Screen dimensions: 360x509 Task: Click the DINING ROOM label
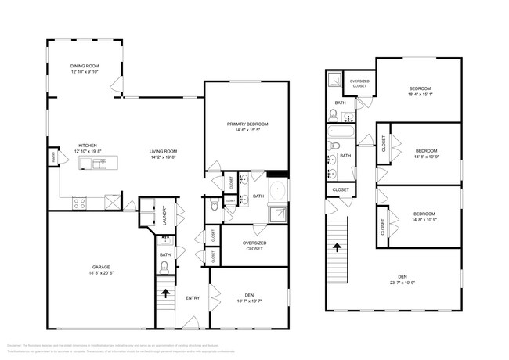tap(85, 67)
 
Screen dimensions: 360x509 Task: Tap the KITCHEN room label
tap(86, 146)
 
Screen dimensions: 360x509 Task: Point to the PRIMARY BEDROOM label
tap(247, 124)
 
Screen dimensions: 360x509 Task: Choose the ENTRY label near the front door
tap(192, 298)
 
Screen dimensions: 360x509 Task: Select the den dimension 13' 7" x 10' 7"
tap(248, 301)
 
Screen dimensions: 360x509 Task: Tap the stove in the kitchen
tap(80, 202)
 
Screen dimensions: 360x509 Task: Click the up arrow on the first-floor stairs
tap(165, 294)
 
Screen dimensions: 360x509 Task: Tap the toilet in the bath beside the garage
tap(164, 267)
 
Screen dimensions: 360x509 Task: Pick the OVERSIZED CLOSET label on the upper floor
tap(359, 84)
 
